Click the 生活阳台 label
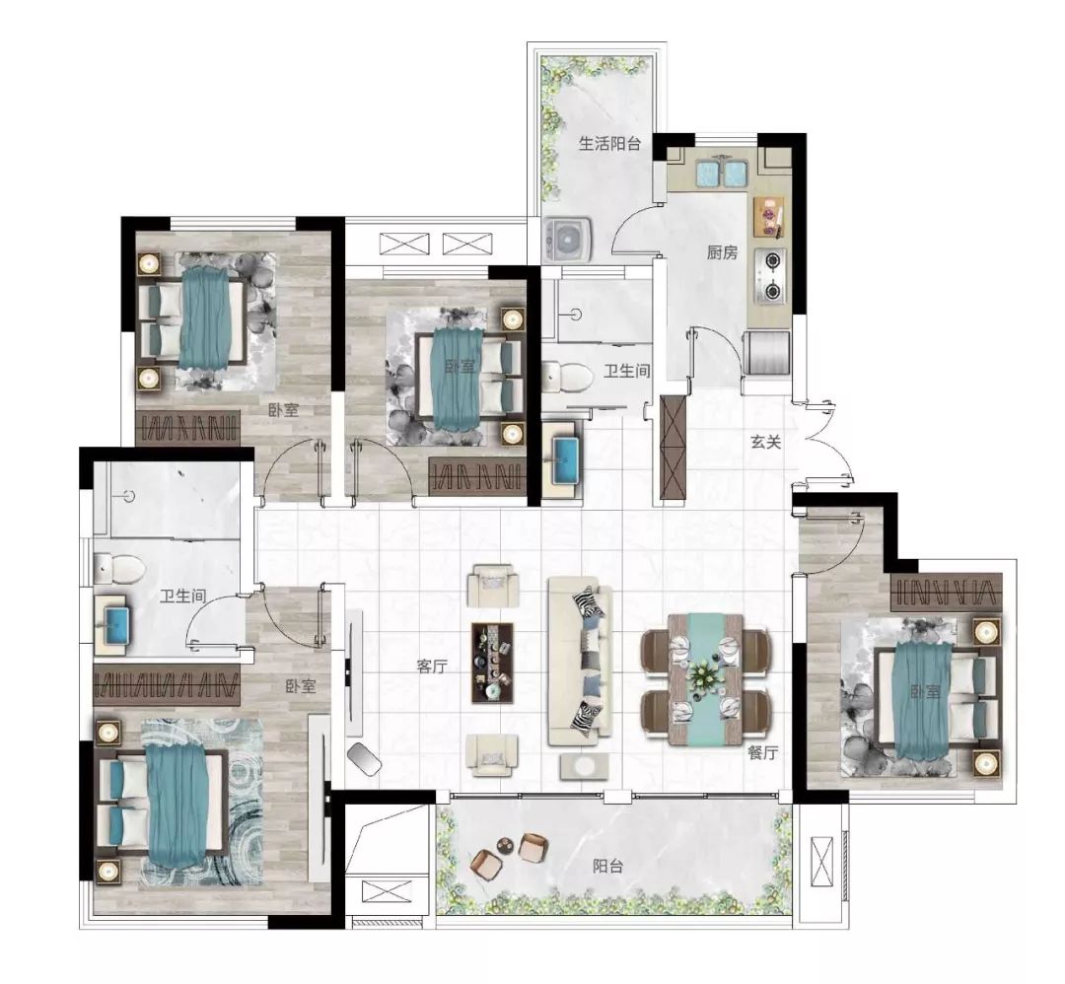coord(609,143)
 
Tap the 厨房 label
coord(721,253)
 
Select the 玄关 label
coord(765,442)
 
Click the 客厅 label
coord(432,667)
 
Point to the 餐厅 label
coord(762,752)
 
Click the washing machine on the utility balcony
coord(568,240)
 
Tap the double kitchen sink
coord(721,174)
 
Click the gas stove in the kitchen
coord(771,276)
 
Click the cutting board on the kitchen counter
coord(769,217)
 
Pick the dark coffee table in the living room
coord(492,663)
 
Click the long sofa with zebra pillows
coord(581,662)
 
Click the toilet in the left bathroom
coord(118,568)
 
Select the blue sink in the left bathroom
coord(112,625)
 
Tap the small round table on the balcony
coord(506,845)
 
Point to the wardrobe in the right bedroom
coord(946,592)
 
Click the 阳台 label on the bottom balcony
coord(607,867)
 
